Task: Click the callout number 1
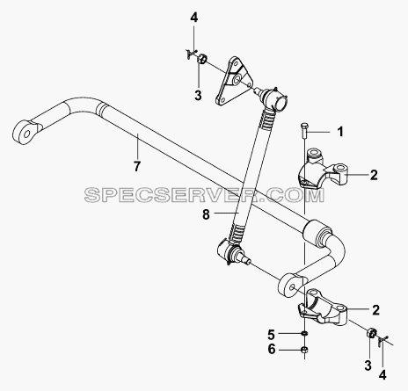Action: [x=340, y=132]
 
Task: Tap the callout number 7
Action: [x=137, y=166]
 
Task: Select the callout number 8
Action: [x=206, y=214]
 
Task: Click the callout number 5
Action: [x=271, y=334]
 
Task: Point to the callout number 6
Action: [x=272, y=350]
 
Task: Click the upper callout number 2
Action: [x=374, y=175]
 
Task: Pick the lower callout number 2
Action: [x=375, y=310]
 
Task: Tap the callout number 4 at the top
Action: [x=193, y=18]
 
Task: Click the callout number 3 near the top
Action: [x=198, y=95]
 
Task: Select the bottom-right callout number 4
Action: [x=382, y=375]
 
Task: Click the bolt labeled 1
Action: [x=303, y=132]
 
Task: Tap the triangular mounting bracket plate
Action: [x=234, y=81]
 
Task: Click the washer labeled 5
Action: [x=305, y=333]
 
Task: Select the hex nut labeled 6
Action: [x=305, y=350]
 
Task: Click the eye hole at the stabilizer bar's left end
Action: [x=27, y=134]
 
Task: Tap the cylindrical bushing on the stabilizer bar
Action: [x=316, y=232]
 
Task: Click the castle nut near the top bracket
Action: [x=201, y=59]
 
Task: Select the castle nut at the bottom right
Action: [x=372, y=333]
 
